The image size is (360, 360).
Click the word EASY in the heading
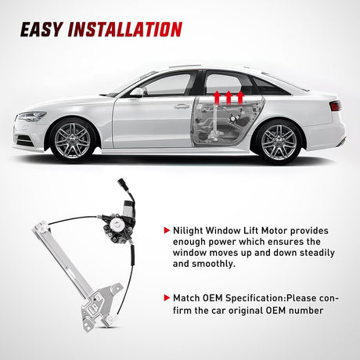(x=42, y=30)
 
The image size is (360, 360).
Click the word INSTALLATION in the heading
(x=126, y=30)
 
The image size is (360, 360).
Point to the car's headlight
(x=32, y=117)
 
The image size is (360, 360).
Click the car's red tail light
(x=334, y=106)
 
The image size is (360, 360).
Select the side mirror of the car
(x=138, y=92)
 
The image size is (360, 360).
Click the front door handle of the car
(x=182, y=106)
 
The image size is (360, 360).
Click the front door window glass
(x=169, y=85)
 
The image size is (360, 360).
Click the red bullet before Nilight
(x=166, y=231)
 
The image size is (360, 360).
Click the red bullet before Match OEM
(x=166, y=298)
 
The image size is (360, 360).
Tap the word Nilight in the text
(x=192, y=231)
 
